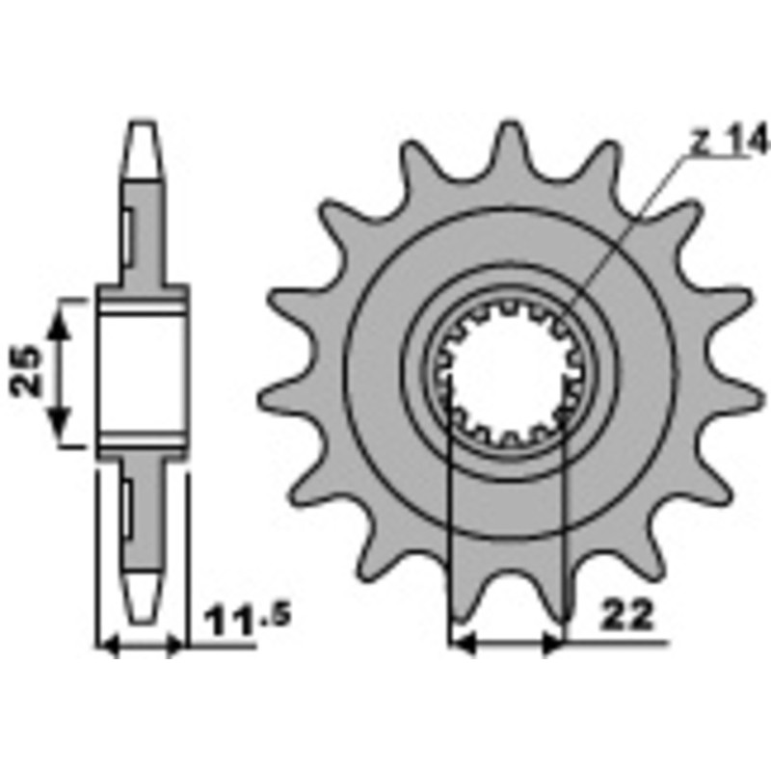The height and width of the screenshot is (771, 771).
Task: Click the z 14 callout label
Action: point(730,143)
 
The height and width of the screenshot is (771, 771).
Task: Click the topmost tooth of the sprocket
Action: point(508,145)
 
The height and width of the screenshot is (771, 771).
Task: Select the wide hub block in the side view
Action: point(142,372)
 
